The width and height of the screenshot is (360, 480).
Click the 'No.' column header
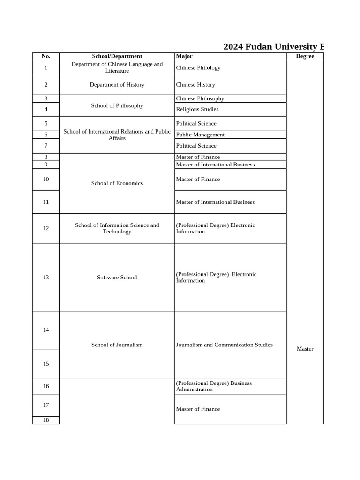tap(46, 56)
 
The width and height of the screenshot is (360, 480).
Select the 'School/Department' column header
tap(117, 56)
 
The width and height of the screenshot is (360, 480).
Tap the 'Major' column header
tap(184, 56)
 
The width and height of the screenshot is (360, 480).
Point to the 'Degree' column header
tap(305, 56)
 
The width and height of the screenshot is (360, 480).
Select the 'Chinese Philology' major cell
tap(198, 68)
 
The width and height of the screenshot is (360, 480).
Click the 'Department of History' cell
tap(117, 85)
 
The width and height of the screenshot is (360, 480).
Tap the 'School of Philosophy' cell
tap(117, 106)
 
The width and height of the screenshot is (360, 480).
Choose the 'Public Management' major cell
tap(200, 135)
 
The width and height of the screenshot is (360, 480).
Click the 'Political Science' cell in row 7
tap(196, 146)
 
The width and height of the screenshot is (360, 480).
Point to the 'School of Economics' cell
tap(117, 183)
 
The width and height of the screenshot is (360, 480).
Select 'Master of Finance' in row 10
tap(198, 180)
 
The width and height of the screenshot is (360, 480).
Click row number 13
tap(46, 277)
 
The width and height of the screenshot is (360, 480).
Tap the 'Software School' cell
tap(117, 277)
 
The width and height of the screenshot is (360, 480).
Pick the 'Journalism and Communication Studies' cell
tap(224, 345)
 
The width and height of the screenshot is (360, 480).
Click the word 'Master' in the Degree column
tap(305, 349)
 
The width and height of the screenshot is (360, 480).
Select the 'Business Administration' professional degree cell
tap(214, 386)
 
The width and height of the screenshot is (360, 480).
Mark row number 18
tap(46, 420)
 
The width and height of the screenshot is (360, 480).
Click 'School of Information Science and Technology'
tap(117, 228)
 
